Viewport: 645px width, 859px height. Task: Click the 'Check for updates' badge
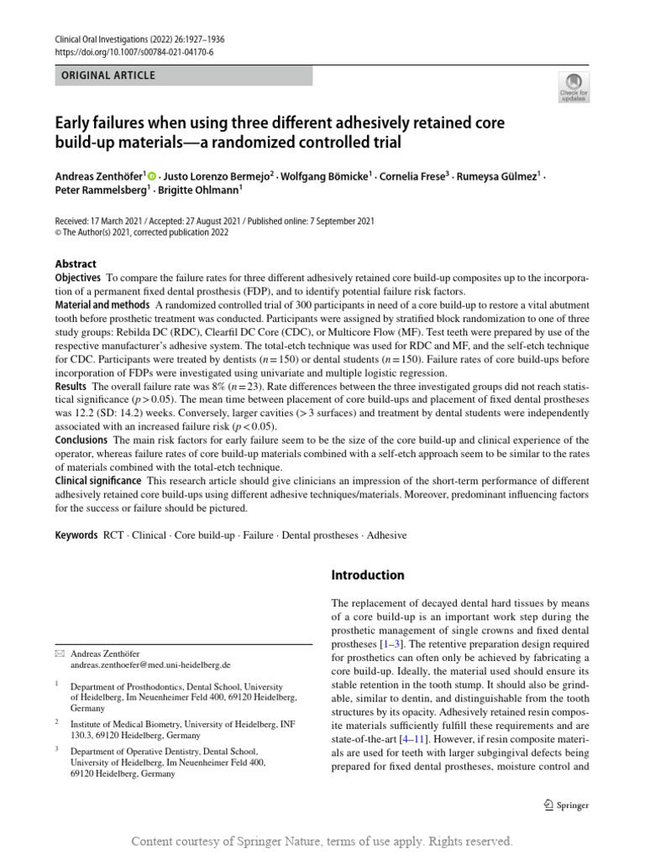pyautogui.click(x=573, y=87)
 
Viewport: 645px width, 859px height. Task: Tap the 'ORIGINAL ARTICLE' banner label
pyautogui.click(x=105, y=75)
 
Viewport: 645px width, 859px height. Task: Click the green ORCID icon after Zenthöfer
pyautogui.click(x=152, y=176)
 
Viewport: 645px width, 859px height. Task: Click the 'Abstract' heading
pyautogui.click(x=76, y=263)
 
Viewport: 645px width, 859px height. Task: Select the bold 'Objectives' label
pyautogui.click(x=78, y=278)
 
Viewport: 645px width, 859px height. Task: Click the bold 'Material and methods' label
pyautogui.click(x=102, y=305)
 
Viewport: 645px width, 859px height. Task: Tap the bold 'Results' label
pyautogui.click(x=71, y=383)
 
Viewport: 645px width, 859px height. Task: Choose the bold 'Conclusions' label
pyautogui.click(x=81, y=440)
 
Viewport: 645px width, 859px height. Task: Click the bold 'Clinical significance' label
pyautogui.click(x=98, y=481)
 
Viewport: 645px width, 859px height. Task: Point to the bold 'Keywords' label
pyautogui.click(x=76, y=534)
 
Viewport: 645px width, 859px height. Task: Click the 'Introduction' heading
pyautogui.click(x=368, y=575)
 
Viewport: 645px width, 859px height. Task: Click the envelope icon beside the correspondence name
pyautogui.click(x=59, y=653)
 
